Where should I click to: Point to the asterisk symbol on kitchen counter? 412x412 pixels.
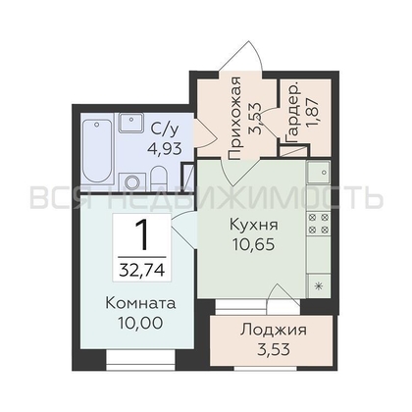click(x=319, y=284)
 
